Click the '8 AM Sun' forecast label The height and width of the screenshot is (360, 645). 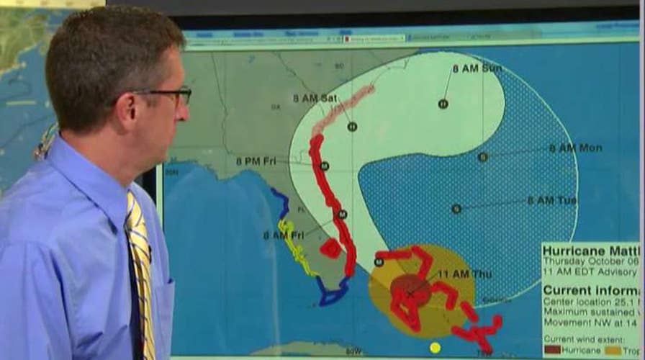477,68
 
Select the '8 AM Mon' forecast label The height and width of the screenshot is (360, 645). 575,148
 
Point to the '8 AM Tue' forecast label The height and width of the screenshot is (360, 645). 551,200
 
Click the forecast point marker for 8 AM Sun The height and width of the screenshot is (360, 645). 443,104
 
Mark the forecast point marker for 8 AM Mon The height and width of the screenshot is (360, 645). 482,157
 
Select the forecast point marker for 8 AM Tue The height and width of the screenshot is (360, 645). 456,209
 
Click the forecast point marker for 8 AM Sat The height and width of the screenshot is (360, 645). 352,127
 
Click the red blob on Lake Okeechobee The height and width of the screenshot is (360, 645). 330,248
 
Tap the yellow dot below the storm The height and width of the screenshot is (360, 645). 435,348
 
